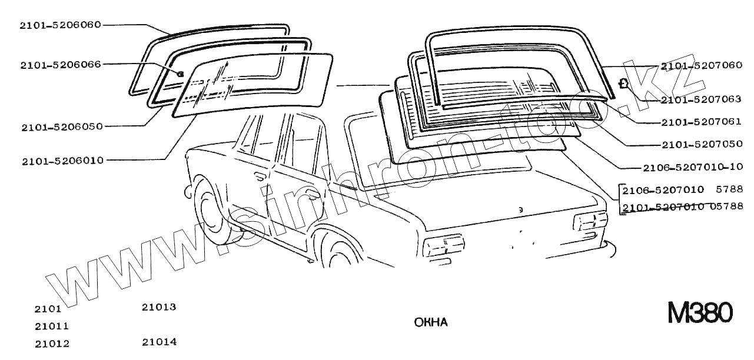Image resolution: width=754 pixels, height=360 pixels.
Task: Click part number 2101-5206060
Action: tap(60, 25)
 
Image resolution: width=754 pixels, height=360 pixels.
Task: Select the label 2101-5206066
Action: tap(60, 64)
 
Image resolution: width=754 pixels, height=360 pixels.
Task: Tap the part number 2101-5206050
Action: tap(62, 126)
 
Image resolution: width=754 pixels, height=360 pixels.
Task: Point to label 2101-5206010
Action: tap(62, 160)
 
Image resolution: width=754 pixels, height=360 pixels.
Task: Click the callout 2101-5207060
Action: tap(701, 66)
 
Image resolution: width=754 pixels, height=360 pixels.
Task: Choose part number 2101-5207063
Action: tap(701, 99)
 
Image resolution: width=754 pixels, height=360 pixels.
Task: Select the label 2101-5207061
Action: tap(701, 122)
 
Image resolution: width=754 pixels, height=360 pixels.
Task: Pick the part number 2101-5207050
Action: tap(701, 144)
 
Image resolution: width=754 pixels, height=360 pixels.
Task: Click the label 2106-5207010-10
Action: tap(693, 167)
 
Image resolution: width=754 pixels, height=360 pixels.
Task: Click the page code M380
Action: tap(700, 312)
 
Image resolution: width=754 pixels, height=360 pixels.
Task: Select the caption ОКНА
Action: tap(431, 322)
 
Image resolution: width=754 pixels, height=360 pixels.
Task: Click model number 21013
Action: tap(159, 307)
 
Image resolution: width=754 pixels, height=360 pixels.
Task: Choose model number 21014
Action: tap(159, 342)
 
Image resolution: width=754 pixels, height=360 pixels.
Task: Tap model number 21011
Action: tap(51, 326)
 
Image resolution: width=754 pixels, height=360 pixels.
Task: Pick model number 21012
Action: tap(51, 344)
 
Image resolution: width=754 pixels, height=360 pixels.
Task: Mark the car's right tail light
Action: tap(590, 224)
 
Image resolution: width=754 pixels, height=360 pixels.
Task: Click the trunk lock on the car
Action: tap(520, 210)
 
